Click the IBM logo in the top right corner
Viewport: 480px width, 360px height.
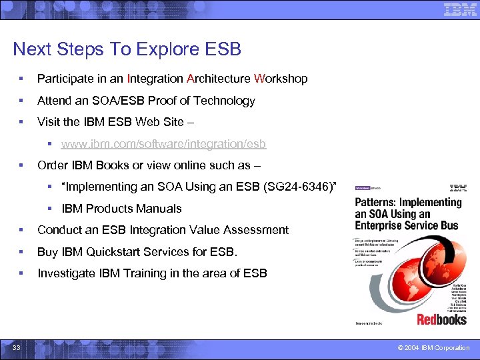click(459, 10)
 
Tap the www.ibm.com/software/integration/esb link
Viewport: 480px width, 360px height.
click(163, 144)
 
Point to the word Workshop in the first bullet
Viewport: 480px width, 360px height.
click(281, 79)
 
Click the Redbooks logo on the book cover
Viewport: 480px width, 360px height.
click(441, 319)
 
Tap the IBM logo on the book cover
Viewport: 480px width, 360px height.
click(458, 188)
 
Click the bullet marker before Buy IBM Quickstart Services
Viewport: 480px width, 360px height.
click(22, 252)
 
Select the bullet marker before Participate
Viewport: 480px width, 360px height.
click(22, 79)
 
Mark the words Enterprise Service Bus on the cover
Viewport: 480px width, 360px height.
click(407, 225)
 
